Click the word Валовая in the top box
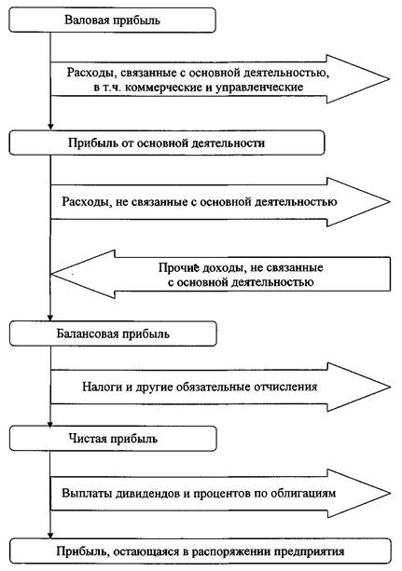pos(87,20)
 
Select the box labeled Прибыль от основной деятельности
pos(167,143)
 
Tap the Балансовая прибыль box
pos(113,333)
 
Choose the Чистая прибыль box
pos(113,439)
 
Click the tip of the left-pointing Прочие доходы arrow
pos(51,274)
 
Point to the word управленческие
pos(259,88)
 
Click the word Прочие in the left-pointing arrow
pos(179,268)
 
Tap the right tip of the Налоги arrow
pos(390,387)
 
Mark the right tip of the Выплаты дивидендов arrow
pos(390,494)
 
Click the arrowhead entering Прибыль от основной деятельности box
pos(50,127)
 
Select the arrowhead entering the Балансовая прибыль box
pos(50,318)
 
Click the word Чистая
pos(87,439)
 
